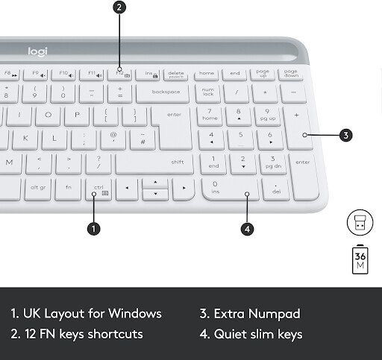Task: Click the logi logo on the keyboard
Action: coord(37,51)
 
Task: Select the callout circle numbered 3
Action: coord(345,136)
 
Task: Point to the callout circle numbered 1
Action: coord(93,229)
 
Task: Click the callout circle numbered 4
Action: coord(247,229)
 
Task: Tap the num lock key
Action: coord(208,92)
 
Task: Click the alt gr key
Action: coord(38,188)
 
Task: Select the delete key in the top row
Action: coord(176,74)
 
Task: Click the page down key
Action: coord(290,74)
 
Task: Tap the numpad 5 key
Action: coord(239,139)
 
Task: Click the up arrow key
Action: coord(154,182)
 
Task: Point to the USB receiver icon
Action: coord(360,221)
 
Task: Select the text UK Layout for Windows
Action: coord(86,313)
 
